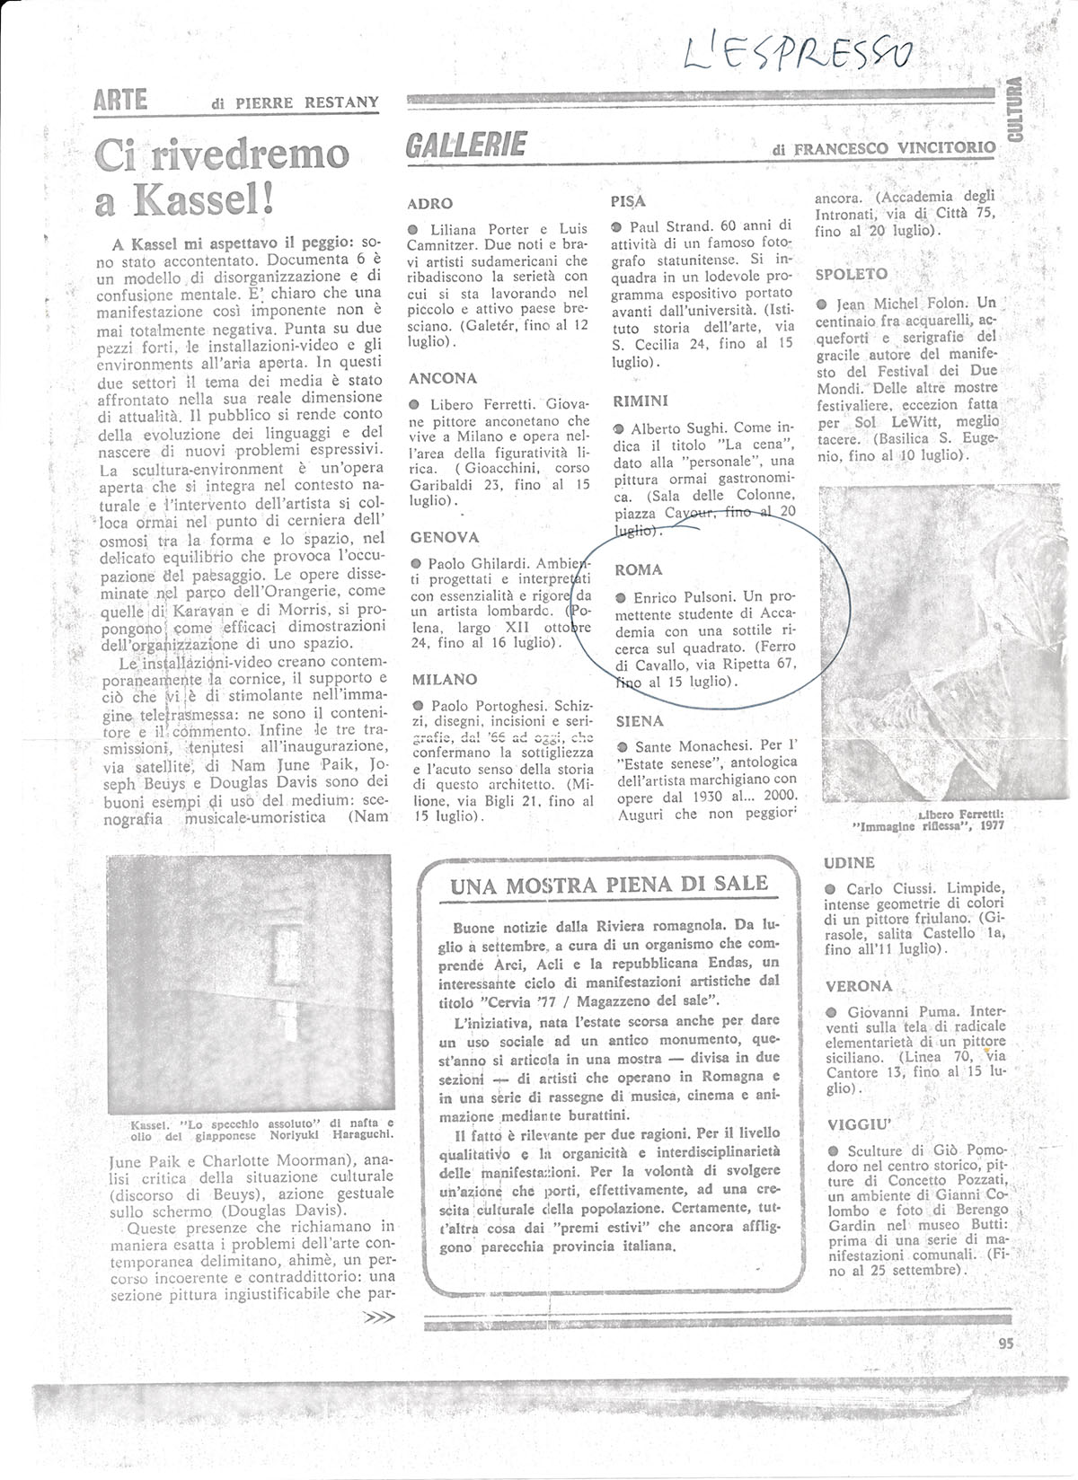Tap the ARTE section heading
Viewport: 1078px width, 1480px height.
click(121, 101)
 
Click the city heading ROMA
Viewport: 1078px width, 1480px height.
click(638, 569)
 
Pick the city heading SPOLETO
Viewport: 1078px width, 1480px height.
click(851, 273)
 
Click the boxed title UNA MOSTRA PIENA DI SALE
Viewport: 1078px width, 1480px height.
click(608, 885)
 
